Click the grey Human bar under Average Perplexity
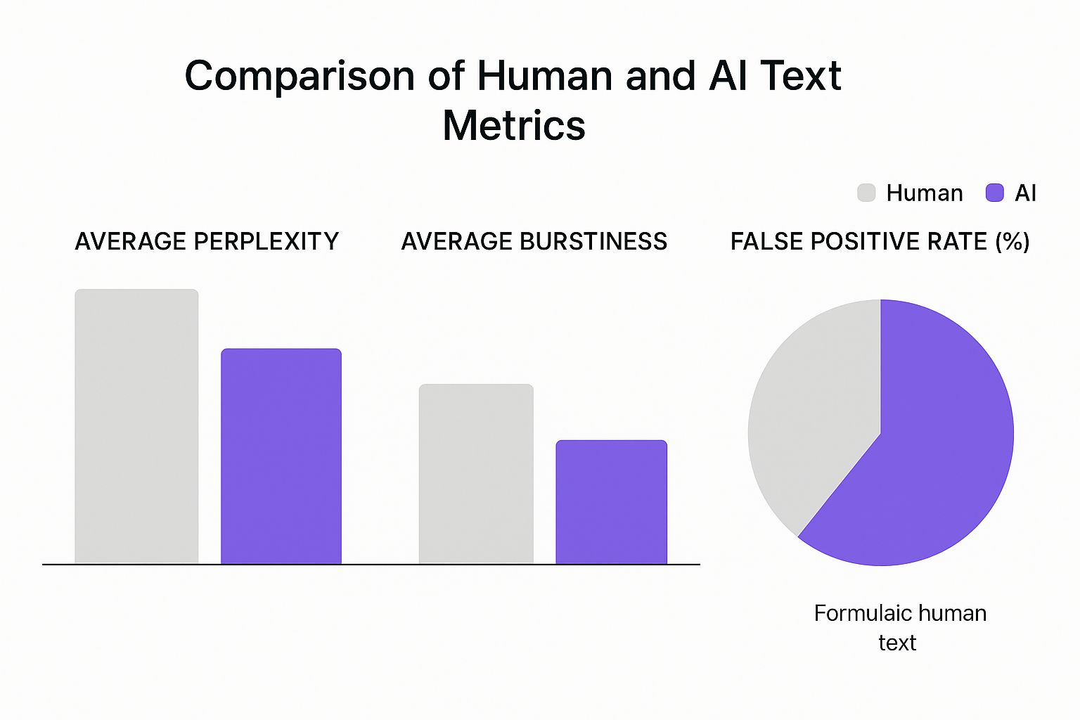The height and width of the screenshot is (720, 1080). [x=136, y=426]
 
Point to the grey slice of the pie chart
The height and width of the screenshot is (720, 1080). [x=809, y=422]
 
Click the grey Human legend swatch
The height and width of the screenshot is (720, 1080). [x=866, y=193]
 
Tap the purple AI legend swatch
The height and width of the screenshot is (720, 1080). [x=995, y=193]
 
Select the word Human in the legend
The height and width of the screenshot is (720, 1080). [x=924, y=193]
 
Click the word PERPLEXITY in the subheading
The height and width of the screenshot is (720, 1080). [x=266, y=241]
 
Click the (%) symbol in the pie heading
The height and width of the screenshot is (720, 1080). [x=1012, y=241]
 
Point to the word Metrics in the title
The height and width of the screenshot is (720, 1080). [x=514, y=126]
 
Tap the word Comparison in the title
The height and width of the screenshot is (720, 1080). [x=299, y=75]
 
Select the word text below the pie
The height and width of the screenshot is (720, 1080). [x=897, y=643]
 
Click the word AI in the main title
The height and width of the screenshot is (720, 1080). [x=729, y=75]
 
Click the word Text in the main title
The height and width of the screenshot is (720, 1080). [x=801, y=75]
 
